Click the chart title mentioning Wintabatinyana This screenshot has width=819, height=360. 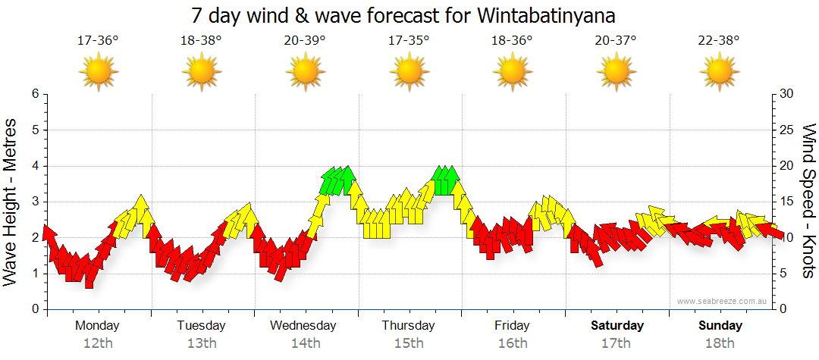[x=409, y=15]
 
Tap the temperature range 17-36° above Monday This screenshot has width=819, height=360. [x=98, y=41]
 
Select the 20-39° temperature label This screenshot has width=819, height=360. [x=305, y=41]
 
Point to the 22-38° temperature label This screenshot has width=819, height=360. [x=719, y=41]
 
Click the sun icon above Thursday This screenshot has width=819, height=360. [x=409, y=73]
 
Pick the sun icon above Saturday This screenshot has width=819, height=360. [x=616, y=73]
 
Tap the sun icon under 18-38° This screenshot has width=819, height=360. [x=202, y=73]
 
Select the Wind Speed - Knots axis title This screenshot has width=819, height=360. [x=808, y=202]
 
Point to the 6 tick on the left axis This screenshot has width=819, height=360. [x=34, y=94]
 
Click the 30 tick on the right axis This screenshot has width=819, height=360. [x=787, y=94]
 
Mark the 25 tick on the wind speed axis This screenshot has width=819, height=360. [x=787, y=130]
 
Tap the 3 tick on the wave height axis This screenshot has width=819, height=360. [x=34, y=202]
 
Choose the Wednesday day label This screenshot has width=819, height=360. [x=303, y=326]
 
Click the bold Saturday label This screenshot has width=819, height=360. [x=617, y=326]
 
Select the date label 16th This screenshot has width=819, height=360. [x=513, y=343]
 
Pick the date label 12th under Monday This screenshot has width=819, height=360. [x=98, y=343]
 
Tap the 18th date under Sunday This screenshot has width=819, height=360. [x=720, y=343]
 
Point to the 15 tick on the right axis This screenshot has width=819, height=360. [x=787, y=202]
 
